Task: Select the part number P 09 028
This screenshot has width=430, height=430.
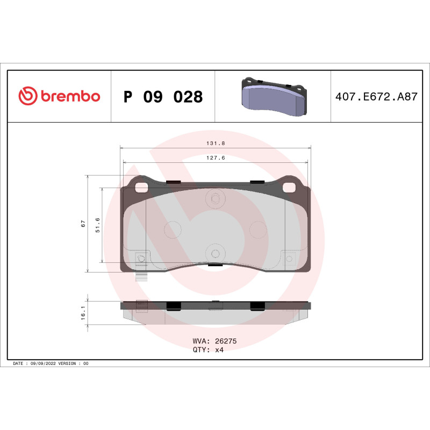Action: pos(163,97)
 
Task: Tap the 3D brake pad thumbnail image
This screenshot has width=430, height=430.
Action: pos(273,97)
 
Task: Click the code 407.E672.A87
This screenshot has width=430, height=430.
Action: pos(376,97)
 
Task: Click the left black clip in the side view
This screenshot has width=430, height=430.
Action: pos(174,306)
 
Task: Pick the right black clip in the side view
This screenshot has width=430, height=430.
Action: pos(257,306)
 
